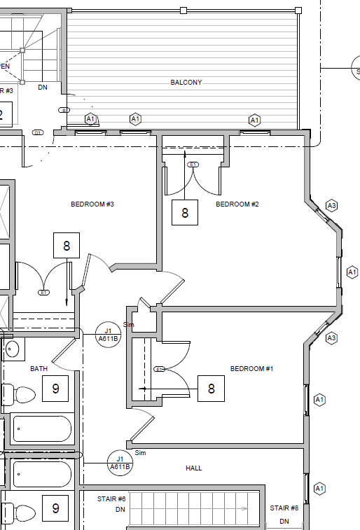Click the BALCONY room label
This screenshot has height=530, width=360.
coord(186,83)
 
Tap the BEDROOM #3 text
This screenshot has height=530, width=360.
coord(92,204)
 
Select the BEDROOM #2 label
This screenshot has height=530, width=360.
coord(237,204)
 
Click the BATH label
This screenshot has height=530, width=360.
coord(39,368)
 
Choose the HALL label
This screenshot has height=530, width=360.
coord(194,468)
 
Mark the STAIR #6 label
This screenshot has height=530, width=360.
coord(111,499)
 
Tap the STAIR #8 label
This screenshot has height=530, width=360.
coord(284,508)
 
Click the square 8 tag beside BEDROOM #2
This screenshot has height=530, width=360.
coord(185,212)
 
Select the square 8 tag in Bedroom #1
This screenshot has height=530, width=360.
coord(211,388)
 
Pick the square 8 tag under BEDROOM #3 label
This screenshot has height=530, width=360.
coord(67,246)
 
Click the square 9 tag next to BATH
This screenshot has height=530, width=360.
coord(55,388)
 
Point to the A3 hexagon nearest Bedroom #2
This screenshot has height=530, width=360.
coord(332,206)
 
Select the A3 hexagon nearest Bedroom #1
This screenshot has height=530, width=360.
coord(332,338)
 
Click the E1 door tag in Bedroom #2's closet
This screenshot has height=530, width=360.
coord(194,165)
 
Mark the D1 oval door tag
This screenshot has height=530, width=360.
coord(39,132)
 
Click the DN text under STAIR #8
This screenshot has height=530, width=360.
coord(284,522)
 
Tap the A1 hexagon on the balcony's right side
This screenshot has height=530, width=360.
coord(255,120)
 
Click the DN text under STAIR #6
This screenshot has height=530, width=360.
coord(120,510)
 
